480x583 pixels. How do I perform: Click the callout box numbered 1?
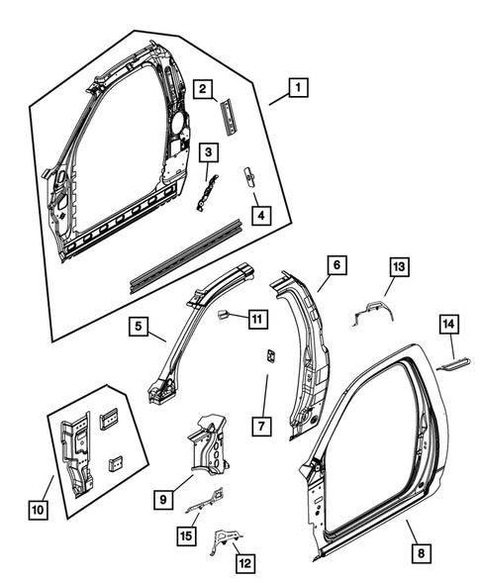pos(295,88)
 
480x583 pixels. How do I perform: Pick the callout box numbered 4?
pos(259,215)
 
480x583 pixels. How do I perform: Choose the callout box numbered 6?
pos(336,265)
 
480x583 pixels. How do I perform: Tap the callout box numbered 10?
pos(38,510)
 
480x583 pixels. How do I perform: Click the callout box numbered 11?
pos(256,319)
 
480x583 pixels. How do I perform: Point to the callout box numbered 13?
pos(398,267)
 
